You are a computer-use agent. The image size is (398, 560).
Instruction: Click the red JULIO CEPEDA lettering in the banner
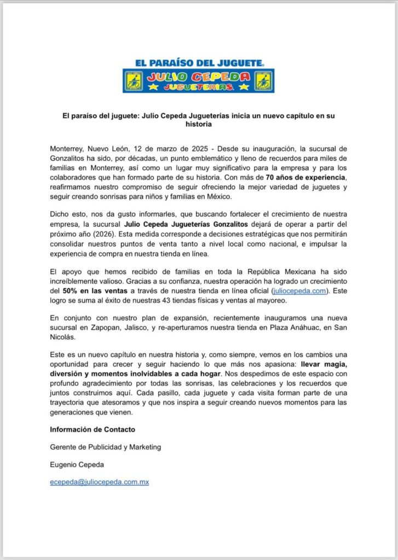click(x=198, y=77)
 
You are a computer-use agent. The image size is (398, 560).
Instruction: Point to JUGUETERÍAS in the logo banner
click(x=198, y=87)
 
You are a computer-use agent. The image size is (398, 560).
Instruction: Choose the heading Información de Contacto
click(x=92, y=429)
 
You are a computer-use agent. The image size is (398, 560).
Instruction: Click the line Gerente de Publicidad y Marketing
click(x=105, y=447)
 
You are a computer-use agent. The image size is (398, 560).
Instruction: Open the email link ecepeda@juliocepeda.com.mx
click(x=99, y=482)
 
